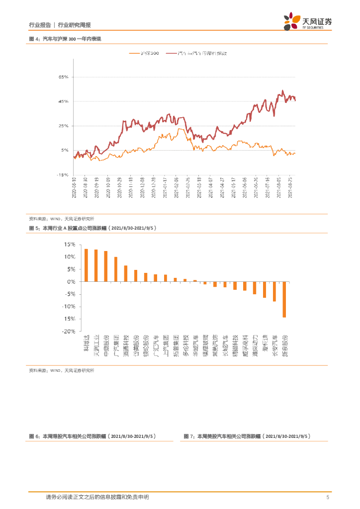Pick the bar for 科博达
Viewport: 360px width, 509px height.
click(x=86, y=265)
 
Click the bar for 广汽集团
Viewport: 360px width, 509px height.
click(x=116, y=269)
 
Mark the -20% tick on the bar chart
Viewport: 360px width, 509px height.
click(x=69, y=331)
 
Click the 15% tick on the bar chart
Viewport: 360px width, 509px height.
click(x=69, y=245)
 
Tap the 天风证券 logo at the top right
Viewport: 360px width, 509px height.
click(x=307, y=22)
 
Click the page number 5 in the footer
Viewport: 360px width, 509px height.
click(x=327, y=497)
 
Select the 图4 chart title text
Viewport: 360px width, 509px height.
click(x=68, y=39)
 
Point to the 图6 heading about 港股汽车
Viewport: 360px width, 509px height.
click(x=92, y=436)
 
